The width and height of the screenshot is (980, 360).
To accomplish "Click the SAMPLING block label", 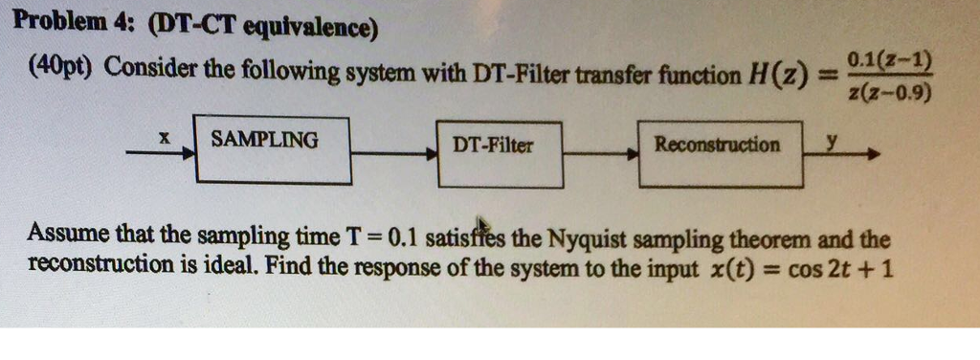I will (x=265, y=140).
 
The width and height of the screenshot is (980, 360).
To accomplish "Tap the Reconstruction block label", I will (x=717, y=146).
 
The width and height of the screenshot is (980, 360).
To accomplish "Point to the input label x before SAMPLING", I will (x=164, y=139).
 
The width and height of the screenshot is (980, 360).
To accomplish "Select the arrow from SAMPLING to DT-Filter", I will (x=392, y=151).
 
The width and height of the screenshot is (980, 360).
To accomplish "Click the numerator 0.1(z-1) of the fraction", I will (x=889, y=59).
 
